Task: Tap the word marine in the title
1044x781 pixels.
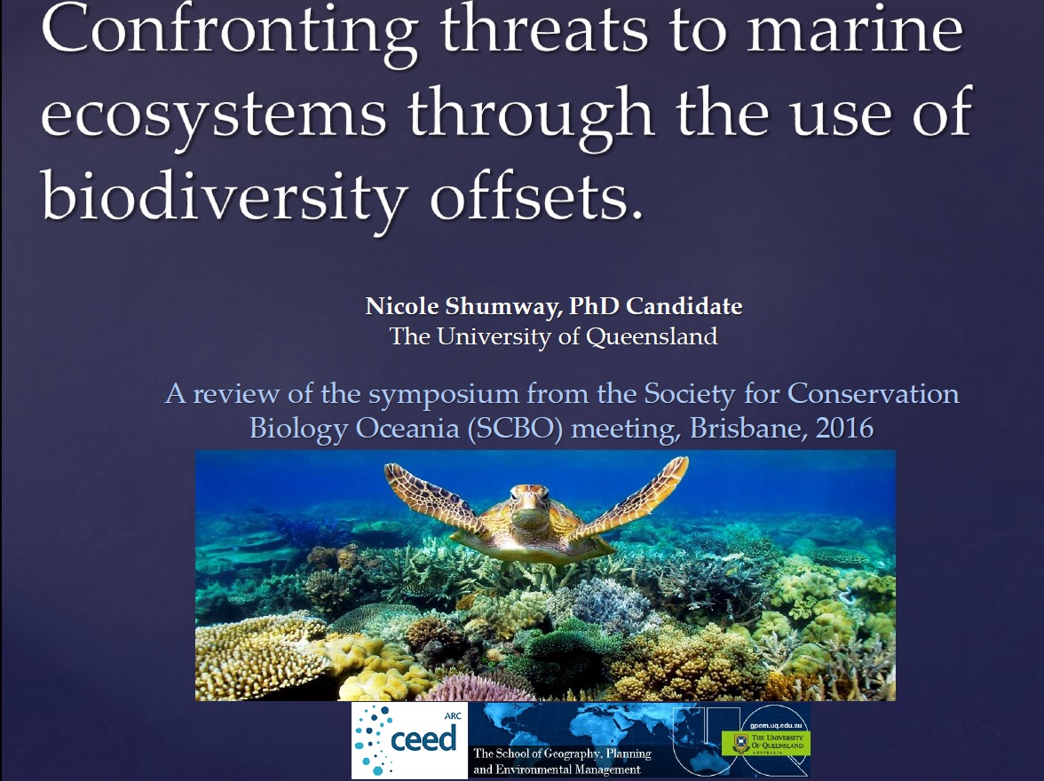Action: pyautogui.click(x=854, y=31)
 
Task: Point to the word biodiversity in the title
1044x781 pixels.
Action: pyautogui.click(x=224, y=193)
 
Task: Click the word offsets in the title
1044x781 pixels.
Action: pyautogui.click(x=536, y=194)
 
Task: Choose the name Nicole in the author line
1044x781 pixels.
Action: pyautogui.click(x=402, y=305)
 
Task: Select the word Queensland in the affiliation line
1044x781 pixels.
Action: pyautogui.click(x=652, y=337)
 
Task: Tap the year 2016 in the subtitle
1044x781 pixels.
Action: pyautogui.click(x=844, y=428)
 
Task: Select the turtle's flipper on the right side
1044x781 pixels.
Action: pyautogui.click(x=636, y=493)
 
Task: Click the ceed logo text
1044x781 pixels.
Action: pyautogui.click(x=423, y=739)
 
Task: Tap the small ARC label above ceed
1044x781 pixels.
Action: pyautogui.click(x=453, y=715)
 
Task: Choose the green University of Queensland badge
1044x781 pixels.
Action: pyautogui.click(x=765, y=742)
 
